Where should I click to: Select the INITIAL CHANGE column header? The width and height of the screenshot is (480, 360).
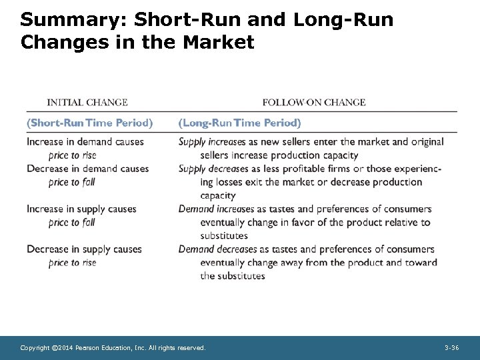point(87,103)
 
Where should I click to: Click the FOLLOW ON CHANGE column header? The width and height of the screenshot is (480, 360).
point(314,103)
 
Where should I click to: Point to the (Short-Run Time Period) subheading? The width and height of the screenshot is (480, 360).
point(90,123)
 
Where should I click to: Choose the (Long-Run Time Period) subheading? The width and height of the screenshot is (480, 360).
point(240,123)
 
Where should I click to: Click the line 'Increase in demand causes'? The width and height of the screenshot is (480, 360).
point(85,142)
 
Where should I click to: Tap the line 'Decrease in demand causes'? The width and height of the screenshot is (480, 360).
point(88,169)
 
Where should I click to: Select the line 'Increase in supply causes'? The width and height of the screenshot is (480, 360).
point(81,209)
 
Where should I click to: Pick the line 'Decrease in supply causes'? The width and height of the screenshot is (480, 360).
point(84,249)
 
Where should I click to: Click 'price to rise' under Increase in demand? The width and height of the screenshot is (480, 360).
point(73,155)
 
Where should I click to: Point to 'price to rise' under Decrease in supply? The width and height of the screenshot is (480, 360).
point(73,263)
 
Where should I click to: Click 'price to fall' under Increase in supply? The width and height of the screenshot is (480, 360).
point(72,223)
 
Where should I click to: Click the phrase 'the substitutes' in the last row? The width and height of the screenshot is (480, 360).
point(233,276)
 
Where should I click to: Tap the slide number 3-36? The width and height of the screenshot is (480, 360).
point(451,348)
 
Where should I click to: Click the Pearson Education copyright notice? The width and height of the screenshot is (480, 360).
point(113,348)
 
